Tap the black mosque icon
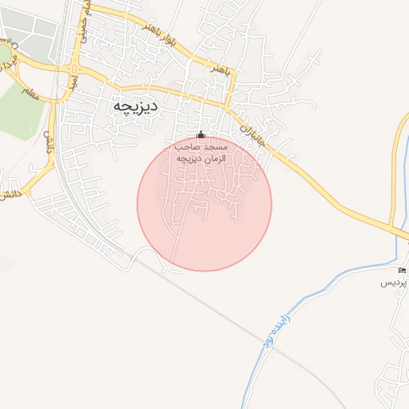(x=201, y=134)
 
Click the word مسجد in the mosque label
(x=216, y=148)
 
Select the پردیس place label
(x=393, y=284)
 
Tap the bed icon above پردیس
(x=402, y=272)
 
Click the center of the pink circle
(x=204, y=204)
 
